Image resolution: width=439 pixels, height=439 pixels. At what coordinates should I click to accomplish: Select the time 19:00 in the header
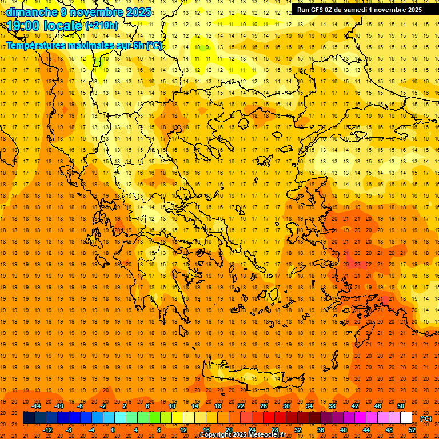tap(26, 26)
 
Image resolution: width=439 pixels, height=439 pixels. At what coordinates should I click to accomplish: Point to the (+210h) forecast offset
tap(102, 26)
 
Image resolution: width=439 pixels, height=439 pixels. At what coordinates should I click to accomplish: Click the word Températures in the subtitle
tap(41, 45)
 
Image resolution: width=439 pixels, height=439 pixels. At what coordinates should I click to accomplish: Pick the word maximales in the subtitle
tap(103, 45)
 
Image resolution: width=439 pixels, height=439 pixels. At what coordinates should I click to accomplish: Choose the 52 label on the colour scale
tap(413, 430)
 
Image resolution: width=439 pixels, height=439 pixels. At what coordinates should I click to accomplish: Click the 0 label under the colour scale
tap(113, 430)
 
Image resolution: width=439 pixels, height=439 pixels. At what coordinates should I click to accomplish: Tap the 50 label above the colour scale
tap(401, 406)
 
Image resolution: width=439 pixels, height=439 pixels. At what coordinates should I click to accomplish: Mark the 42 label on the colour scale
tap(355, 406)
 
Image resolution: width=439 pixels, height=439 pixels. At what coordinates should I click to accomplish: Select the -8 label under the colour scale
tap(69, 430)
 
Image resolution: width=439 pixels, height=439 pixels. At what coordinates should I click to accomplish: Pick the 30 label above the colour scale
tap(286, 406)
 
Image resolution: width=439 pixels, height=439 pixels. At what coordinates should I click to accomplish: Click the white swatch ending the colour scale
tap(406, 418)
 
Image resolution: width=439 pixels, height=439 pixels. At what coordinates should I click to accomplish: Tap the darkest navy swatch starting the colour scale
tap(29, 418)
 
